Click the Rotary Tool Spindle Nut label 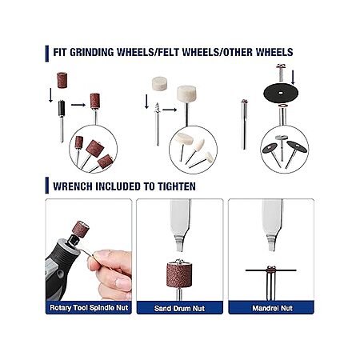click(x=89, y=307)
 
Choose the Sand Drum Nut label click(x=179, y=308)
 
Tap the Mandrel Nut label click(x=272, y=308)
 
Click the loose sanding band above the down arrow click(x=62, y=80)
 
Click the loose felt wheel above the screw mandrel click(x=159, y=83)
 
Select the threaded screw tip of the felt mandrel click(x=157, y=108)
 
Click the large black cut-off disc click(x=281, y=93)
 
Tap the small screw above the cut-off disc click(x=281, y=72)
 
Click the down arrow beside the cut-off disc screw click(x=293, y=78)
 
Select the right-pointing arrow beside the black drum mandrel click(x=78, y=105)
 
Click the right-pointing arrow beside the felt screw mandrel click(x=170, y=110)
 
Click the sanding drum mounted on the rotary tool click(x=81, y=230)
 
